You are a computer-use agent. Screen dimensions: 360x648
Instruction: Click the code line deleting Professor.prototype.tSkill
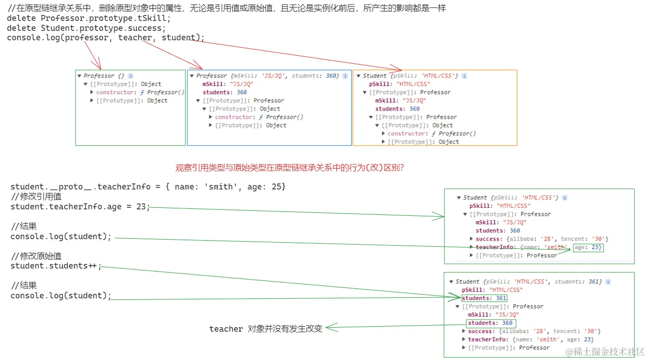pyautogui.click(x=89, y=18)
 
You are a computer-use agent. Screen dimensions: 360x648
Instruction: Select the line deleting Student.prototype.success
pyautogui.click(x=87, y=28)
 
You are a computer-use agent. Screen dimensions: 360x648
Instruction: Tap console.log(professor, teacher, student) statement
pyautogui.click(x=105, y=37)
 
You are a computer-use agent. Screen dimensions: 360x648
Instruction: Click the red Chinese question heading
pyautogui.click(x=289, y=168)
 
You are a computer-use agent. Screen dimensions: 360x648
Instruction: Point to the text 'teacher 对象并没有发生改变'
pyautogui.click(x=266, y=329)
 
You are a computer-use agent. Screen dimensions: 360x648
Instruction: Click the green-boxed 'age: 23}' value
pyautogui.click(x=588, y=247)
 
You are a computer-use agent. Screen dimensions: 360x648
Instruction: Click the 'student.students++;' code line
pyautogui.click(x=56, y=266)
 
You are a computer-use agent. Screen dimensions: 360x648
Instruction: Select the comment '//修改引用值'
pyautogui.click(x=36, y=197)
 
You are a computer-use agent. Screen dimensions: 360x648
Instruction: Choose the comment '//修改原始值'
pyautogui.click(x=36, y=256)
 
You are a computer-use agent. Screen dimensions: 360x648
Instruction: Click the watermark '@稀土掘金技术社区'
pyautogui.click(x=604, y=351)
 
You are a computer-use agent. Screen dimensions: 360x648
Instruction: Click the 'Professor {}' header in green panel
pyautogui.click(x=103, y=76)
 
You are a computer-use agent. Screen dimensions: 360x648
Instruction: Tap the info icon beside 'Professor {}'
pyautogui.click(x=130, y=76)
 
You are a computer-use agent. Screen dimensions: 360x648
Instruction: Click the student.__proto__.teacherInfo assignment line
pyautogui.click(x=148, y=187)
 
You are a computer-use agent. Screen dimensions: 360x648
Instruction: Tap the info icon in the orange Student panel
pyautogui.click(x=464, y=76)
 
